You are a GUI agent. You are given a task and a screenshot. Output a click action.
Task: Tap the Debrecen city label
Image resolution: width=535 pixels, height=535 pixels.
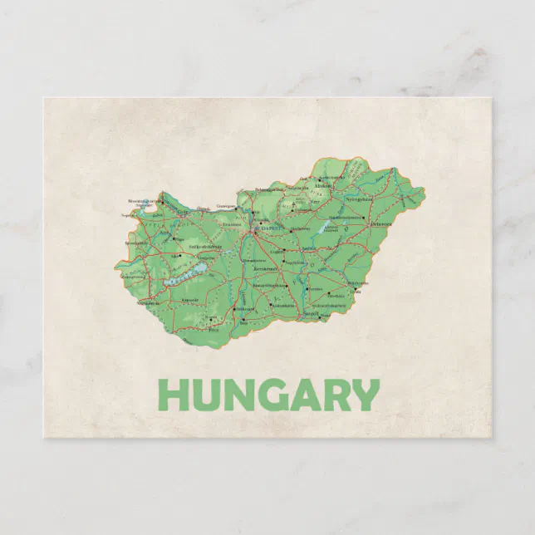click(x=380, y=223)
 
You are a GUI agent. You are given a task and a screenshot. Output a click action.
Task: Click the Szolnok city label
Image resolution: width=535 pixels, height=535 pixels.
click(x=309, y=248)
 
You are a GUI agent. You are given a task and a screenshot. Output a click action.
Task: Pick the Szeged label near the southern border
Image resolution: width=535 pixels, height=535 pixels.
click(x=311, y=314)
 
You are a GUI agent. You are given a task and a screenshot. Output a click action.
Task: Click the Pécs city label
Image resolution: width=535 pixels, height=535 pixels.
click(x=213, y=329)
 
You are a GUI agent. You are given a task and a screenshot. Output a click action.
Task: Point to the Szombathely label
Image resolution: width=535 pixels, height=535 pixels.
click(x=135, y=243)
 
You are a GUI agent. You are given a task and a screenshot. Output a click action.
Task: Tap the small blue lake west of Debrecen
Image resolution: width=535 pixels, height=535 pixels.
click(x=323, y=228)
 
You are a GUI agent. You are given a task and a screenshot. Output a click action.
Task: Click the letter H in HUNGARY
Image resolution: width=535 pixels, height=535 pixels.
click(x=174, y=395)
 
